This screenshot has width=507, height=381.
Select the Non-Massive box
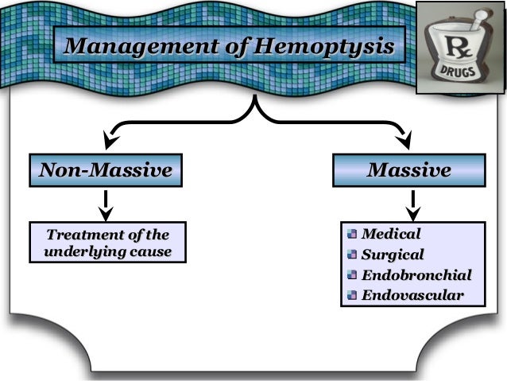coord(106,171)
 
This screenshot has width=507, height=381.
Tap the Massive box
coord(409,171)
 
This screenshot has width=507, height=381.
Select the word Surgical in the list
coord(393,255)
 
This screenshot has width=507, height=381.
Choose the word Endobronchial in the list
coord(416,275)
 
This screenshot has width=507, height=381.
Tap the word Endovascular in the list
coord(412,296)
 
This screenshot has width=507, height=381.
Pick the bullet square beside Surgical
coord(352,255)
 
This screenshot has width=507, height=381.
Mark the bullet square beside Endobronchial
coord(352,275)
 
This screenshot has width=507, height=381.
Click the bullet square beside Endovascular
coord(352,296)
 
